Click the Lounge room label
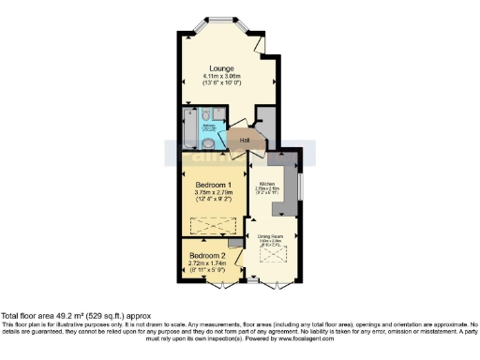[x=222, y=68]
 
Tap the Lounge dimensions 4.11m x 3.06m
[x=222, y=77]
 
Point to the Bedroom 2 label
[x=207, y=256]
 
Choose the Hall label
[x=244, y=141]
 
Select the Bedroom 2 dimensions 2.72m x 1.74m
[x=207, y=264]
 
